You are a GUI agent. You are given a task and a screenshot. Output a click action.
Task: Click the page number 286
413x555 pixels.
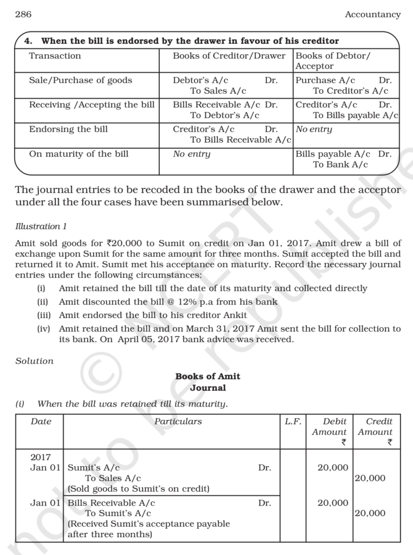pos(23,15)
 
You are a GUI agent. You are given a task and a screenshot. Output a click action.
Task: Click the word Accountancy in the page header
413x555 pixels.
pos(373,15)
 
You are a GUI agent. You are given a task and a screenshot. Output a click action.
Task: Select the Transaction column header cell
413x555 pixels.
pos(55,56)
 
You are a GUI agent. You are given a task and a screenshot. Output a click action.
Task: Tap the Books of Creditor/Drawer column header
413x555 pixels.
pos(229,56)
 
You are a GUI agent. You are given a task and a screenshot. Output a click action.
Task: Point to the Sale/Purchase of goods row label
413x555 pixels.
pos(80,80)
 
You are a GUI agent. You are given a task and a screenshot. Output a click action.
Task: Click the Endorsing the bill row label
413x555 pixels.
pos(68,129)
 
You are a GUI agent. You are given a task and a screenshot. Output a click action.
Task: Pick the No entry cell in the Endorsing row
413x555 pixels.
pos(314,129)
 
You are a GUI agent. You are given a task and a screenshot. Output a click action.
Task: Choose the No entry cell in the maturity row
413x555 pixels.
pos(191,154)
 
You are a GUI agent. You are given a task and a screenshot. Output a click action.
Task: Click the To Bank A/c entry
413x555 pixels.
pos(340,165)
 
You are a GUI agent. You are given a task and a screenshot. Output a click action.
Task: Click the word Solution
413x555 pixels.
pos(35,361)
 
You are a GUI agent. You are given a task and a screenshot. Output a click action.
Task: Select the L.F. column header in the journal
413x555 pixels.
pos(293,422)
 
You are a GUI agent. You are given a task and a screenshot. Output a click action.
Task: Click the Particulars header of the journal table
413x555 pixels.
pos(178,422)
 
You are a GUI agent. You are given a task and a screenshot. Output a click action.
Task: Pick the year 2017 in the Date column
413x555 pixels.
pos(40,457)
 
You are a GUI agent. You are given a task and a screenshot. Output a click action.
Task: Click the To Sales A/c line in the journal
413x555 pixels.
pos(113,478)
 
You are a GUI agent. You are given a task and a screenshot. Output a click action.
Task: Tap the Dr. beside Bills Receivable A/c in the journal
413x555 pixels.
pos(264,503)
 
